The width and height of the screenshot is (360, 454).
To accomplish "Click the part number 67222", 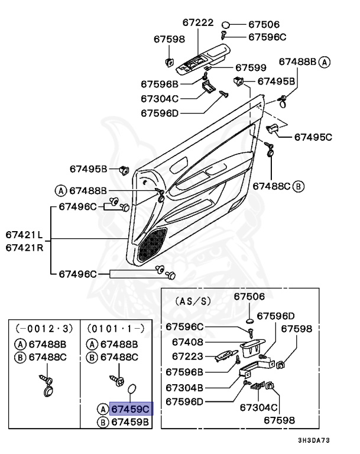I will click(198, 22).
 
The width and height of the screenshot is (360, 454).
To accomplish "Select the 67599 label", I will click(251, 68).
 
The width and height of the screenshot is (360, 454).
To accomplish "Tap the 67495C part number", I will click(313, 137).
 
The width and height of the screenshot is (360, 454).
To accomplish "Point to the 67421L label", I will click(24, 235).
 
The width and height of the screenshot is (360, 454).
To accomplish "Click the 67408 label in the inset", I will click(188, 342).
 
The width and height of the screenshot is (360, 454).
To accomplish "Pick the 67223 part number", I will click(188, 356).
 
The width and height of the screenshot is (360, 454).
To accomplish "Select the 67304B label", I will click(188, 388).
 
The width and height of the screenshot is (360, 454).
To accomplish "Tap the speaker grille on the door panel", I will click(151, 245).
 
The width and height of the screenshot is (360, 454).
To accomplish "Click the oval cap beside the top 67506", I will click(226, 25).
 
